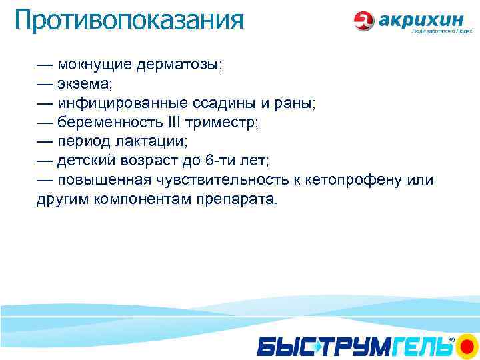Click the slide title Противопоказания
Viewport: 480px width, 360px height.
129,20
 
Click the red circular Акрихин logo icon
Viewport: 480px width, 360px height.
365,21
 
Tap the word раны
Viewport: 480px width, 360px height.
294,104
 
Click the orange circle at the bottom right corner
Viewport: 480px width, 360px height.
466,346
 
